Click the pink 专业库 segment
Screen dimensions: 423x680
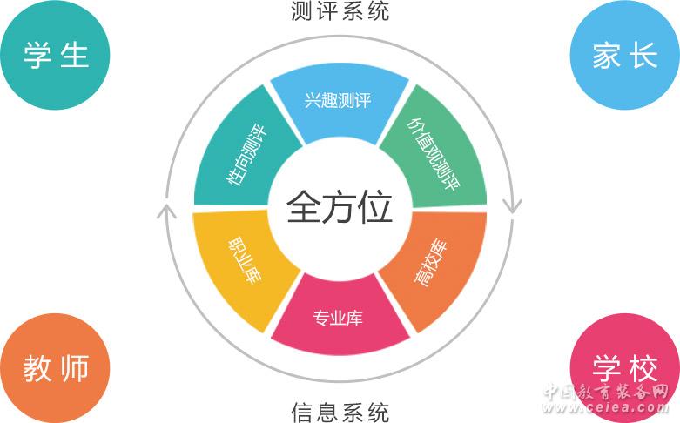339,317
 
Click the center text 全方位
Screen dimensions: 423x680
340,209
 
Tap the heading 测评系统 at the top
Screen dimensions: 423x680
340,11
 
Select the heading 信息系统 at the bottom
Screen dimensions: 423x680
340,411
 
